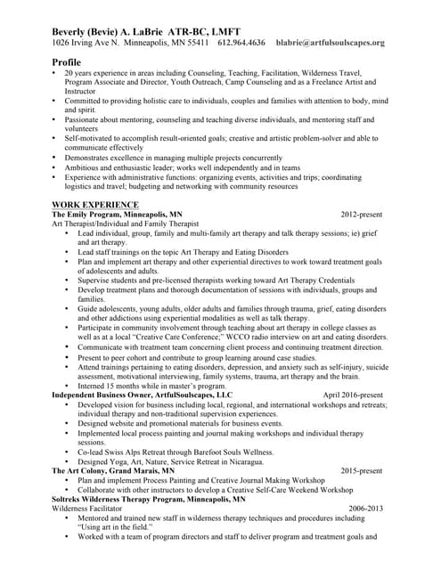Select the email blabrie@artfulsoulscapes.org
click(331, 42)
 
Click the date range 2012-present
click(362, 215)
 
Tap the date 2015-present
click(362, 470)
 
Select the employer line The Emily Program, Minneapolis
click(117, 215)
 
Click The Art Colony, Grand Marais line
click(113, 470)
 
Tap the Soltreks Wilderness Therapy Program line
click(148, 499)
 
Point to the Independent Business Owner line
click(142, 394)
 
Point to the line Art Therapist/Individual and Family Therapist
click(125, 224)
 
